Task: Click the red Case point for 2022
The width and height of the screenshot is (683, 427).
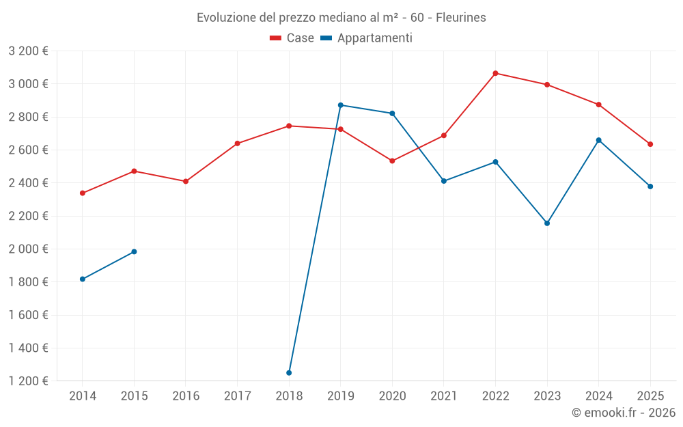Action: tap(495, 73)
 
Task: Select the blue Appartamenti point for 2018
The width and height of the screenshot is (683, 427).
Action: tap(289, 373)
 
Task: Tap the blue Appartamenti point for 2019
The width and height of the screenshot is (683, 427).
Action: tap(341, 105)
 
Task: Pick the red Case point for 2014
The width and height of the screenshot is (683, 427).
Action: tap(83, 193)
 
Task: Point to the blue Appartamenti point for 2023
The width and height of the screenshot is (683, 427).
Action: tap(547, 223)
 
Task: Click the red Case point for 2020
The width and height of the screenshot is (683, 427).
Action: tap(392, 161)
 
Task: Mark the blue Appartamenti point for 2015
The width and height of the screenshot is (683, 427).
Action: tap(134, 252)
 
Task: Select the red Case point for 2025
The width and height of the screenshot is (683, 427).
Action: tap(650, 144)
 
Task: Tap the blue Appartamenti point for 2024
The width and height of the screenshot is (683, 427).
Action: tap(599, 140)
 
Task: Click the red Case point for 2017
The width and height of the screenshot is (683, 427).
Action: tap(237, 143)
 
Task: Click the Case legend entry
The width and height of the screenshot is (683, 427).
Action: tap(292, 38)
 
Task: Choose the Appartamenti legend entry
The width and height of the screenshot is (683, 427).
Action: tap(367, 38)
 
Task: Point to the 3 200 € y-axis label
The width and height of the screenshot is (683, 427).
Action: tap(28, 51)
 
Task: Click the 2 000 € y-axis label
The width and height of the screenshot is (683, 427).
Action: tap(28, 249)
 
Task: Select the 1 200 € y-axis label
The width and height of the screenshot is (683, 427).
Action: tap(28, 381)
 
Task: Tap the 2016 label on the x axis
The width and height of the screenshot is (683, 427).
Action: tap(186, 396)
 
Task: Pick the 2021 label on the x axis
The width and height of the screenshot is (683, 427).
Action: tap(444, 396)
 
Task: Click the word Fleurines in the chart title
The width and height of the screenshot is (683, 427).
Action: tap(460, 18)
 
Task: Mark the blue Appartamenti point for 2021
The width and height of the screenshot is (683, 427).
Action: tap(444, 181)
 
